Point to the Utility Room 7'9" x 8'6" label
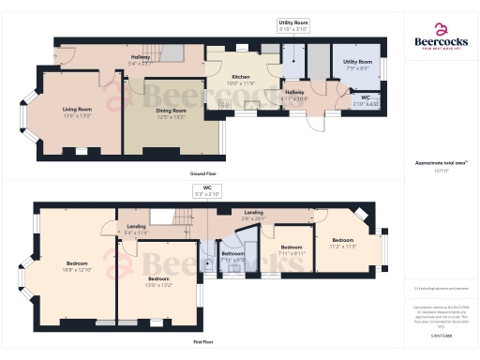(x=358, y=65)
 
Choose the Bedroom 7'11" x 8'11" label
(x=291, y=249)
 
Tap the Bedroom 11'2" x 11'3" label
(x=343, y=243)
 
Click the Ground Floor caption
(x=203, y=174)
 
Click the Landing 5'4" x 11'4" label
(x=136, y=229)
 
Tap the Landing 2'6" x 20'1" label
(x=253, y=215)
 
